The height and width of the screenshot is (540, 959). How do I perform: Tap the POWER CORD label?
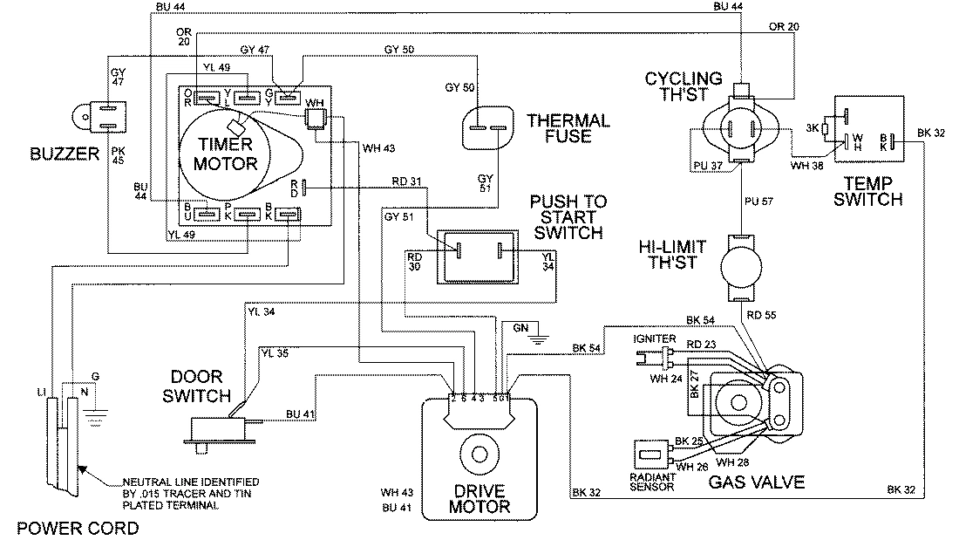[69, 528]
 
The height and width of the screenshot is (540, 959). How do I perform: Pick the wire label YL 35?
[275, 354]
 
